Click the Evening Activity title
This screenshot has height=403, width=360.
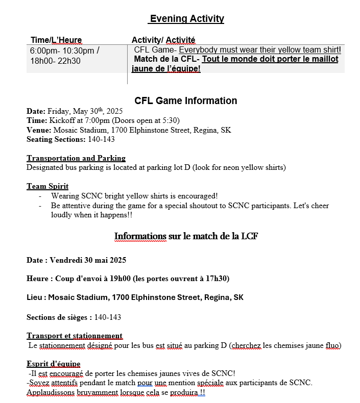pos(186,19)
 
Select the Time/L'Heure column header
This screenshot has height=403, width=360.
pos(56,40)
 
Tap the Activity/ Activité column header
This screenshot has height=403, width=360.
pos(163,40)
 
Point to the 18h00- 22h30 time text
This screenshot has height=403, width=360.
pos(55,61)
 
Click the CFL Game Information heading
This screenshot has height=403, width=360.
pos(186,100)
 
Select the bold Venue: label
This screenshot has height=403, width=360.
pos(39,130)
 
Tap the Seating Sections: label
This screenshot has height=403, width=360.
pos(56,139)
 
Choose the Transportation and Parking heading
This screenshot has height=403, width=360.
pos(76,158)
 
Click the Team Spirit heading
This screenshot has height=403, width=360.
pos(47,186)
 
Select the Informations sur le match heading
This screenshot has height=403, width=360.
pos(186,236)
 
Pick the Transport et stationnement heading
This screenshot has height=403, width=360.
pos(75,336)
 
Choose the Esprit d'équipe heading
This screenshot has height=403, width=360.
pos(54,364)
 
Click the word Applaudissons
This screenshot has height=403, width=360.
pos(50,392)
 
